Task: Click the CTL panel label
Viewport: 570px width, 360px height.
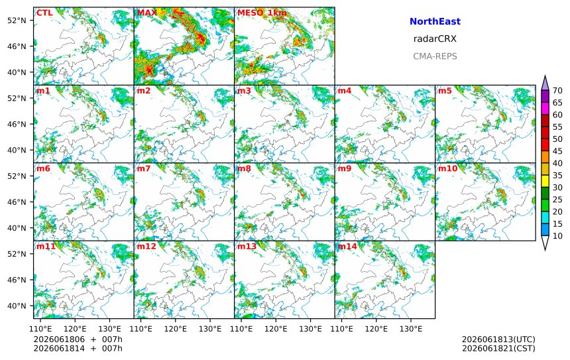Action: [44, 13]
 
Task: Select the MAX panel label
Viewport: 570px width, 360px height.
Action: [147, 13]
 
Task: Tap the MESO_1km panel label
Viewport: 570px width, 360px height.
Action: [262, 13]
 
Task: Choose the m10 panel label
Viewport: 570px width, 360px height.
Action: [447, 168]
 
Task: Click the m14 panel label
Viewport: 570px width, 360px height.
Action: [347, 246]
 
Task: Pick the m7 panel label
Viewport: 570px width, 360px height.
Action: [144, 168]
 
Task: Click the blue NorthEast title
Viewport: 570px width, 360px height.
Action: [435, 21]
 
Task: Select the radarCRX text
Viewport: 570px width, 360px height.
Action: [435, 39]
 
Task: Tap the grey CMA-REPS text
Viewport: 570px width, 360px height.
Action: [435, 56]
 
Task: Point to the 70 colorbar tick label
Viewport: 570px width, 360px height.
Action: [557, 91]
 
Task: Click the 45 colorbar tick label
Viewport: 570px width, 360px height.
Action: [557, 151]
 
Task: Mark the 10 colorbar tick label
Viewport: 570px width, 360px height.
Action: [557, 236]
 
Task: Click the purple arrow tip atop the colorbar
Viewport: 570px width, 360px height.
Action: [545, 76]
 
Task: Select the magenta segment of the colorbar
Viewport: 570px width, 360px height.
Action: [545, 108]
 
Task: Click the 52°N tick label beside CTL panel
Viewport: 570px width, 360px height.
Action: [17, 21]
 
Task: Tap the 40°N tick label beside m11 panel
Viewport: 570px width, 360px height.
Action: [17, 306]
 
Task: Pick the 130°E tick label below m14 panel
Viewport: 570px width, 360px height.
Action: [411, 329]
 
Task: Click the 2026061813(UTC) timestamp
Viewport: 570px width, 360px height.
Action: [498, 339]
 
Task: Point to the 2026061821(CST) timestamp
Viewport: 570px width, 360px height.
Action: [498, 348]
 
